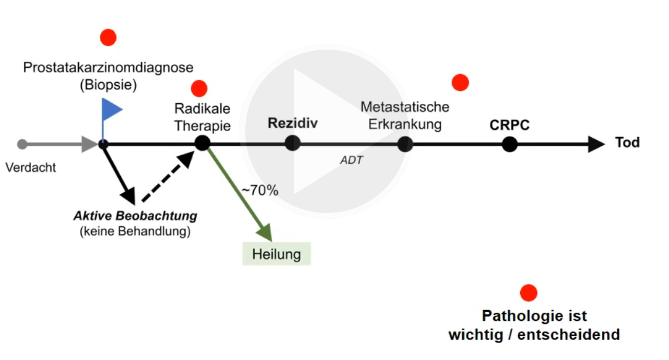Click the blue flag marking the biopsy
(111, 109)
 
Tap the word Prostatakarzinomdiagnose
(108, 68)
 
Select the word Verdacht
(30, 167)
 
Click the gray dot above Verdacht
(22, 144)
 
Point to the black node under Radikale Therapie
(202, 143)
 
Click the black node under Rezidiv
(292, 143)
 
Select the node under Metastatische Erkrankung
(405, 144)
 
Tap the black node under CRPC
(510, 144)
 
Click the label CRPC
(510, 125)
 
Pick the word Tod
(627, 142)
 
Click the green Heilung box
(277, 254)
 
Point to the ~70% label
(260, 190)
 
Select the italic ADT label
(351, 159)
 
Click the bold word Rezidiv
(292, 123)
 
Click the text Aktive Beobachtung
(135, 216)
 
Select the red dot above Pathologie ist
(528, 292)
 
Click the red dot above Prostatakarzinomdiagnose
(108, 37)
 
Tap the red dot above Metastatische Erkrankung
(460, 83)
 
